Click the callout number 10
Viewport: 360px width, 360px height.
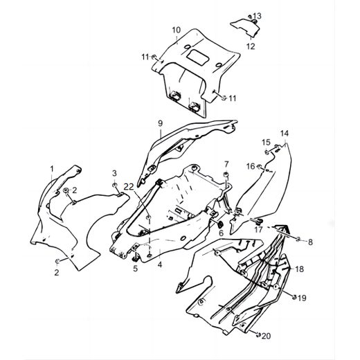[x=177, y=30]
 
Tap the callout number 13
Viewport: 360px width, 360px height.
[x=257, y=16]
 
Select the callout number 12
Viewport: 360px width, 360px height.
[x=251, y=46]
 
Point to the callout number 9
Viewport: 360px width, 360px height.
[x=161, y=123]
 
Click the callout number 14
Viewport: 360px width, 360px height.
[x=285, y=134]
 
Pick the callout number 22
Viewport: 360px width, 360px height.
[x=129, y=187]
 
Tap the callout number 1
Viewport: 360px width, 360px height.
[x=52, y=169]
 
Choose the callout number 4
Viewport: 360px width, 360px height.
[x=160, y=264]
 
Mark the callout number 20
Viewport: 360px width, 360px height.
[x=266, y=336]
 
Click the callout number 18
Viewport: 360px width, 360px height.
[x=300, y=269]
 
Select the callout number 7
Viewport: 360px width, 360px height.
[x=226, y=164]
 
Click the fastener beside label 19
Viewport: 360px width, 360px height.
[x=294, y=297]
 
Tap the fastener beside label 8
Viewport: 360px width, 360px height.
[x=298, y=240]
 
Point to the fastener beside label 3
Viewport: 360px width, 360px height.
[x=114, y=185]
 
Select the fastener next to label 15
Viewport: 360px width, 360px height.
[x=267, y=152]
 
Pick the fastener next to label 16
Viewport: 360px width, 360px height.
[x=259, y=166]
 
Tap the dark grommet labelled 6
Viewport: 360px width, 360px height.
[x=220, y=224]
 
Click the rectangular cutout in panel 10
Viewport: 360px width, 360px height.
[x=198, y=57]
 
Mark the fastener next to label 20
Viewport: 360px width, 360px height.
[x=259, y=334]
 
